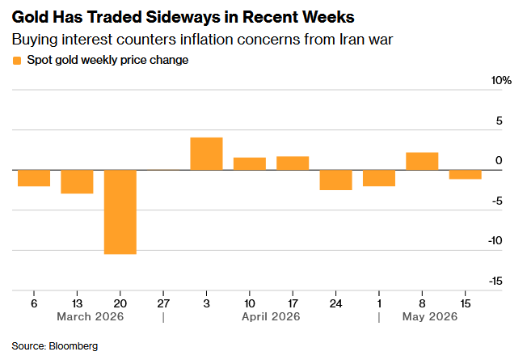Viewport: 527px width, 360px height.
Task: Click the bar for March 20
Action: click(x=120, y=212)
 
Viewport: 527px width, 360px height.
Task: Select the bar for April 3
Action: click(x=206, y=154)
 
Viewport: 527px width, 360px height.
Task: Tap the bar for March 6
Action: click(x=34, y=178)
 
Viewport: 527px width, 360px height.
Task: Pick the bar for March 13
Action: click(x=77, y=182)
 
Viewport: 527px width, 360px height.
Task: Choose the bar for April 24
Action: click(x=335, y=180)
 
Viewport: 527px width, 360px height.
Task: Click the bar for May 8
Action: click(x=422, y=161)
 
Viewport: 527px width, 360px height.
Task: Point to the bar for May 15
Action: click(x=465, y=174)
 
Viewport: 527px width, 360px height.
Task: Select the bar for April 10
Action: click(x=250, y=164)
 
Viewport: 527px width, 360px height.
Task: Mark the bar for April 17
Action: click(x=293, y=163)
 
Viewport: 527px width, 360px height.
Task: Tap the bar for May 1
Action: click(x=379, y=178)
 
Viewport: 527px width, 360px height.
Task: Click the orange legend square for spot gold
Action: click(x=17, y=61)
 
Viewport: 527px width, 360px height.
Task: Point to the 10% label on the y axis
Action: click(x=501, y=80)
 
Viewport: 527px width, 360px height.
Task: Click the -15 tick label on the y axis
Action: click(x=495, y=281)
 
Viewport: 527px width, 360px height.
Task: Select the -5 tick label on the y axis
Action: click(x=497, y=201)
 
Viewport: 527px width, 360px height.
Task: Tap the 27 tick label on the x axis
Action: click(x=163, y=303)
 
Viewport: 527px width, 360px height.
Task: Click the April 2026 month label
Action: click(x=271, y=316)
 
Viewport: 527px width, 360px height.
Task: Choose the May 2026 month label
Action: click(x=430, y=316)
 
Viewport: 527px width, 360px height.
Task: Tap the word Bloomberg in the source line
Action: click(x=74, y=346)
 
